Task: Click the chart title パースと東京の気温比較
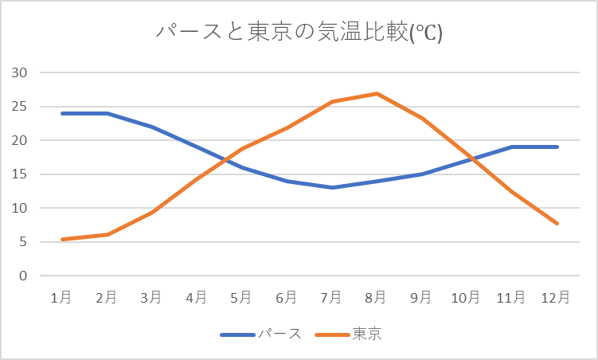coord(299,33)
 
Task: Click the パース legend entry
coord(278,335)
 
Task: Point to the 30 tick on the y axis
coord(19,72)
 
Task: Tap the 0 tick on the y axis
coord(23,276)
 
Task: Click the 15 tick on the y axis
coord(19,174)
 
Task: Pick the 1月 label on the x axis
coord(61,297)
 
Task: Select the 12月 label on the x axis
coord(555,297)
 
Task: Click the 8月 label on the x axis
coord(376,297)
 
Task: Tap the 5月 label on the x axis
coord(241,297)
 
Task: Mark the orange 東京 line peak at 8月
coord(376,93)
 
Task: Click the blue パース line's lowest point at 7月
coord(331,188)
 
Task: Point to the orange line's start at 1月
coord(61,240)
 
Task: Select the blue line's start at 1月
coord(61,113)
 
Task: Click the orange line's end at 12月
coord(557,224)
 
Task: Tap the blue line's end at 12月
coord(557,147)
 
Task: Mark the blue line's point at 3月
coord(151,127)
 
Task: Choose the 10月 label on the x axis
coord(466,297)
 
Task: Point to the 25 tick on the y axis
coord(19,107)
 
